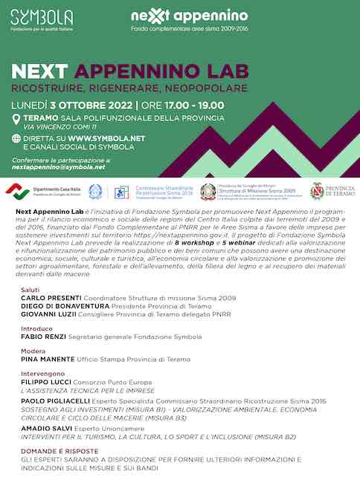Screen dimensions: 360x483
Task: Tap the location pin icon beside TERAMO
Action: click(16, 120)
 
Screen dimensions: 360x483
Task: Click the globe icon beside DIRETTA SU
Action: click(16, 138)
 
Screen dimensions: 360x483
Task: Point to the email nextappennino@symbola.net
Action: click(59, 167)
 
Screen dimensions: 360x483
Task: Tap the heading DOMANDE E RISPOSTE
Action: click(60, 451)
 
